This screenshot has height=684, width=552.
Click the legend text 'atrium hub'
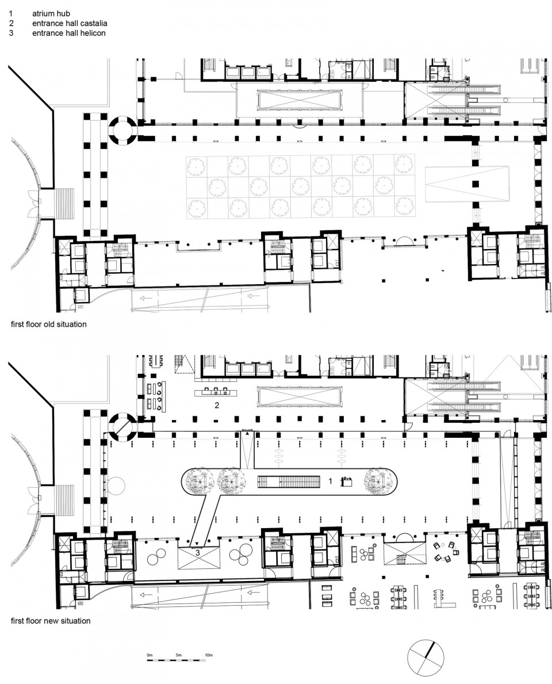coord(51,14)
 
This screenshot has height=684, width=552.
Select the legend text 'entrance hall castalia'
coord(70,23)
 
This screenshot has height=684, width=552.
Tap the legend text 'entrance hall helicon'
coord(69,33)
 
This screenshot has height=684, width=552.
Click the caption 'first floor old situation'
coord(48,324)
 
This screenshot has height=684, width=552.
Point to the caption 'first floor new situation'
coord(51,620)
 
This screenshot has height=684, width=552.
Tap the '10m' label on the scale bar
coord(208,655)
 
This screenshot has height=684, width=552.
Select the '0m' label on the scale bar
coord(149,655)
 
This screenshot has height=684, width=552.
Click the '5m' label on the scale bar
coord(179,655)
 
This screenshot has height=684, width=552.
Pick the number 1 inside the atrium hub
coord(330,481)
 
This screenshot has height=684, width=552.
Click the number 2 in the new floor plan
coord(217,405)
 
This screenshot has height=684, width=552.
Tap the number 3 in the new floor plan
coord(198,553)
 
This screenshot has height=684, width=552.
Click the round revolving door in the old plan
coord(124,130)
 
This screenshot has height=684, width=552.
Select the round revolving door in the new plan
coord(124,426)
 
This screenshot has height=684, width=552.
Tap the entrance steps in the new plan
coord(64,500)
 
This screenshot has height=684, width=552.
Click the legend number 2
coord(11,23)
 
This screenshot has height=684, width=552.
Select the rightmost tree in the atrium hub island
coord(378,482)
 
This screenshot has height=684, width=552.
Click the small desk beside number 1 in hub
coord(347,482)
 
